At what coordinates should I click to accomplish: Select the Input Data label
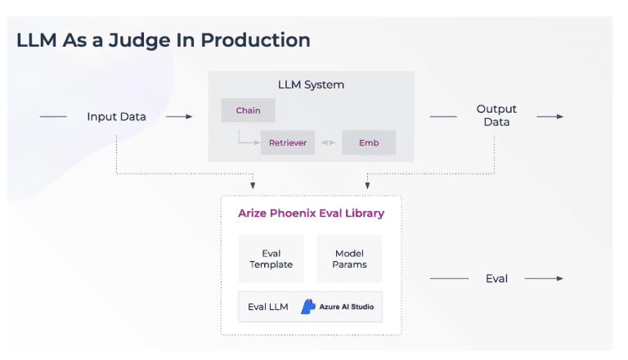pos(116,117)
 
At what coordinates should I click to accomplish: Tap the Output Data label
pos(496,115)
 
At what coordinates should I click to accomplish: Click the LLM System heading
pos(311,84)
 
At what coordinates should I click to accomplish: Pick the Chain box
pos(248,110)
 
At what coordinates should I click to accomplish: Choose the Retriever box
pos(288,143)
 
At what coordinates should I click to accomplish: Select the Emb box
pos(369,143)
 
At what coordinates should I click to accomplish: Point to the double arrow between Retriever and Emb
pos(328,143)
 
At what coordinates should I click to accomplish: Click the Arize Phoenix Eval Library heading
pos(311,214)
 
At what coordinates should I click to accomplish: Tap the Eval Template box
pos(271,259)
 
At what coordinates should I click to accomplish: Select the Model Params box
pos(349,259)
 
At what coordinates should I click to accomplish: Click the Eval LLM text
pos(268,307)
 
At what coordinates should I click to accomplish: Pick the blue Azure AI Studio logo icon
pos(307,307)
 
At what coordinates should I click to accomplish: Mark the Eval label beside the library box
pos(496,279)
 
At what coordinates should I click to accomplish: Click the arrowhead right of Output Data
pos(560,117)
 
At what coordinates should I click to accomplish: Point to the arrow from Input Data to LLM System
pos(179,117)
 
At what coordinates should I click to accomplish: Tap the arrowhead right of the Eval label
pos(560,279)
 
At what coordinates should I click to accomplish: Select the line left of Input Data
pos(53,117)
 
